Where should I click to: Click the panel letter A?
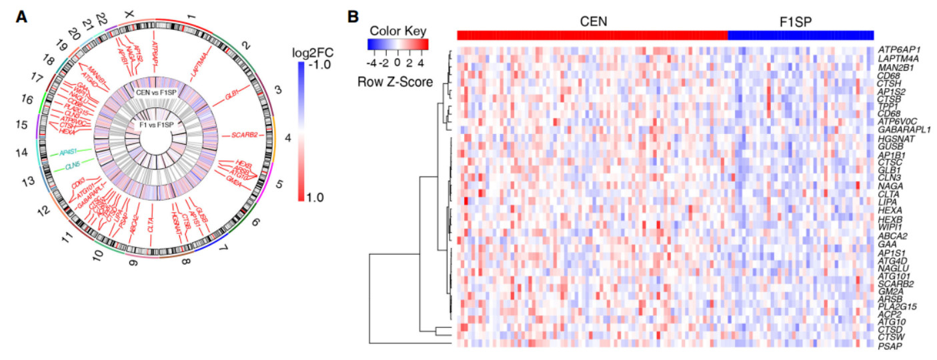(22, 17)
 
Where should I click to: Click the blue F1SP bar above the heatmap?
(800, 35)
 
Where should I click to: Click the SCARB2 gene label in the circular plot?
(244, 135)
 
